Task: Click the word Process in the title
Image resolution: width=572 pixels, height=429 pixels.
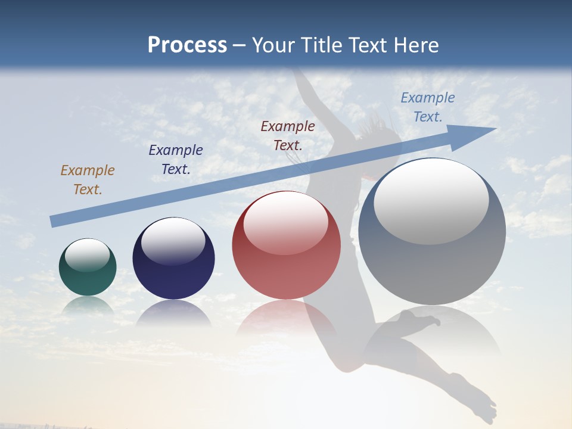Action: coord(187,45)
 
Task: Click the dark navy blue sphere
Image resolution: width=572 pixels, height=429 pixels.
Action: coord(173,262)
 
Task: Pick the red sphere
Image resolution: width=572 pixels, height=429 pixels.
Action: coord(287,250)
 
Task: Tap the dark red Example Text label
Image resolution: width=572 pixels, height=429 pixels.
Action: coord(288,136)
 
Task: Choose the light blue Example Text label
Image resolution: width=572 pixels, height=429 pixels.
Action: coord(428,107)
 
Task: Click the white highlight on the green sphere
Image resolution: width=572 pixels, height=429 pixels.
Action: coord(88,255)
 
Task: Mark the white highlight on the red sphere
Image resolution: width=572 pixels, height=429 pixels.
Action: coord(285,223)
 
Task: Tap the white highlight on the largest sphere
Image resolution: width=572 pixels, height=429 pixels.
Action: coord(431,201)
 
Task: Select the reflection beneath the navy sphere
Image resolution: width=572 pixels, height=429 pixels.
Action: coord(173,313)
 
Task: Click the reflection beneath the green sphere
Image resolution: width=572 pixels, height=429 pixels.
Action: coord(88,305)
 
